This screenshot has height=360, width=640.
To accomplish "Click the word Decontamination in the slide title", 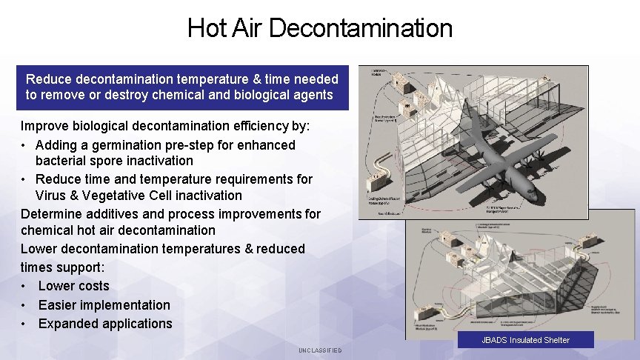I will pos(361,28).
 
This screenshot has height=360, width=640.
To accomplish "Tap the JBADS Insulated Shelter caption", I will pos(525,340).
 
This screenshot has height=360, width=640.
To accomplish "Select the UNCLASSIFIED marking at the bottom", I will pos(320,350).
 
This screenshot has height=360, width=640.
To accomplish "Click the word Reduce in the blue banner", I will pos(47,79).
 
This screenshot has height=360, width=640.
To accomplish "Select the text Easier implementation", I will pos(104,305).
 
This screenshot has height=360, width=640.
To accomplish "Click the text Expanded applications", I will pos(104,324).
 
